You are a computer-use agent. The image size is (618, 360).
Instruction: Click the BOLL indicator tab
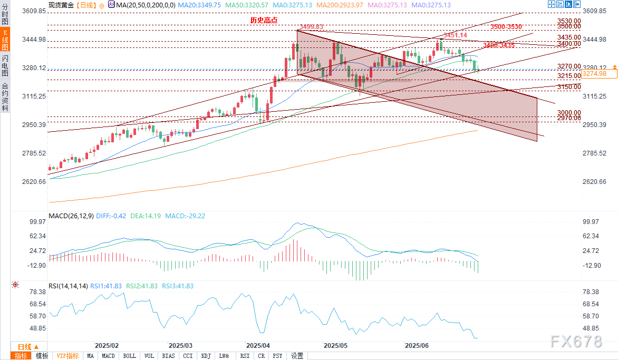pyautogui.click(x=129, y=356)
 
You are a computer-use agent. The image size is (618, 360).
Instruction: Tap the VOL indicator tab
pyautogui.click(x=149, y=356)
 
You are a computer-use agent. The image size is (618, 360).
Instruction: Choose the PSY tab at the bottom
pyautogui.click(x=277, y=356)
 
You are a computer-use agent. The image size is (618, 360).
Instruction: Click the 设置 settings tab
pyautogui.click(x=297, y=356)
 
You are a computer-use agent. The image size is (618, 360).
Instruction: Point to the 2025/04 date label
pyautogui.click(x=258, y=346)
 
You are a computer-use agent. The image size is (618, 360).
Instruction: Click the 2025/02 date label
pyautogui.click(x=107, y=346)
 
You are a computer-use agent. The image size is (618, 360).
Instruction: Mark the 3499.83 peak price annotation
pyautogui.click(x=311, y=27)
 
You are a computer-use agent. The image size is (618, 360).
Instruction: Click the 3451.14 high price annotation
pyautogui.click(x=455, y=35)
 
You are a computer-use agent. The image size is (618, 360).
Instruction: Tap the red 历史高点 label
pyautogui.click(x=264, y=20)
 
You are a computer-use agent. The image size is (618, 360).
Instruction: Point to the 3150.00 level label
pyautogui.click(x=568, y=87)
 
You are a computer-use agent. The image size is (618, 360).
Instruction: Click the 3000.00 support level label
pyautogui.click(x=568, y=113)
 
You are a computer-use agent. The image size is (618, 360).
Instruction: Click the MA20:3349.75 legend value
pyautogui.click(x=199, y=5)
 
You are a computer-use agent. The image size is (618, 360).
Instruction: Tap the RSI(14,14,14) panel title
pyautogui.click(x=68, y=286)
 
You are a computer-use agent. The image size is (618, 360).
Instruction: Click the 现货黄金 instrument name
pyautogui.click(x=61, y=5)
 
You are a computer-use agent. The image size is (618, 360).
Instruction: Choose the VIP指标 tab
pyautogui.click(x=67, y=356)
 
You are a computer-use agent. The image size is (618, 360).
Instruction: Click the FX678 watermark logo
pyautogui.click(x=576, y=342)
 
